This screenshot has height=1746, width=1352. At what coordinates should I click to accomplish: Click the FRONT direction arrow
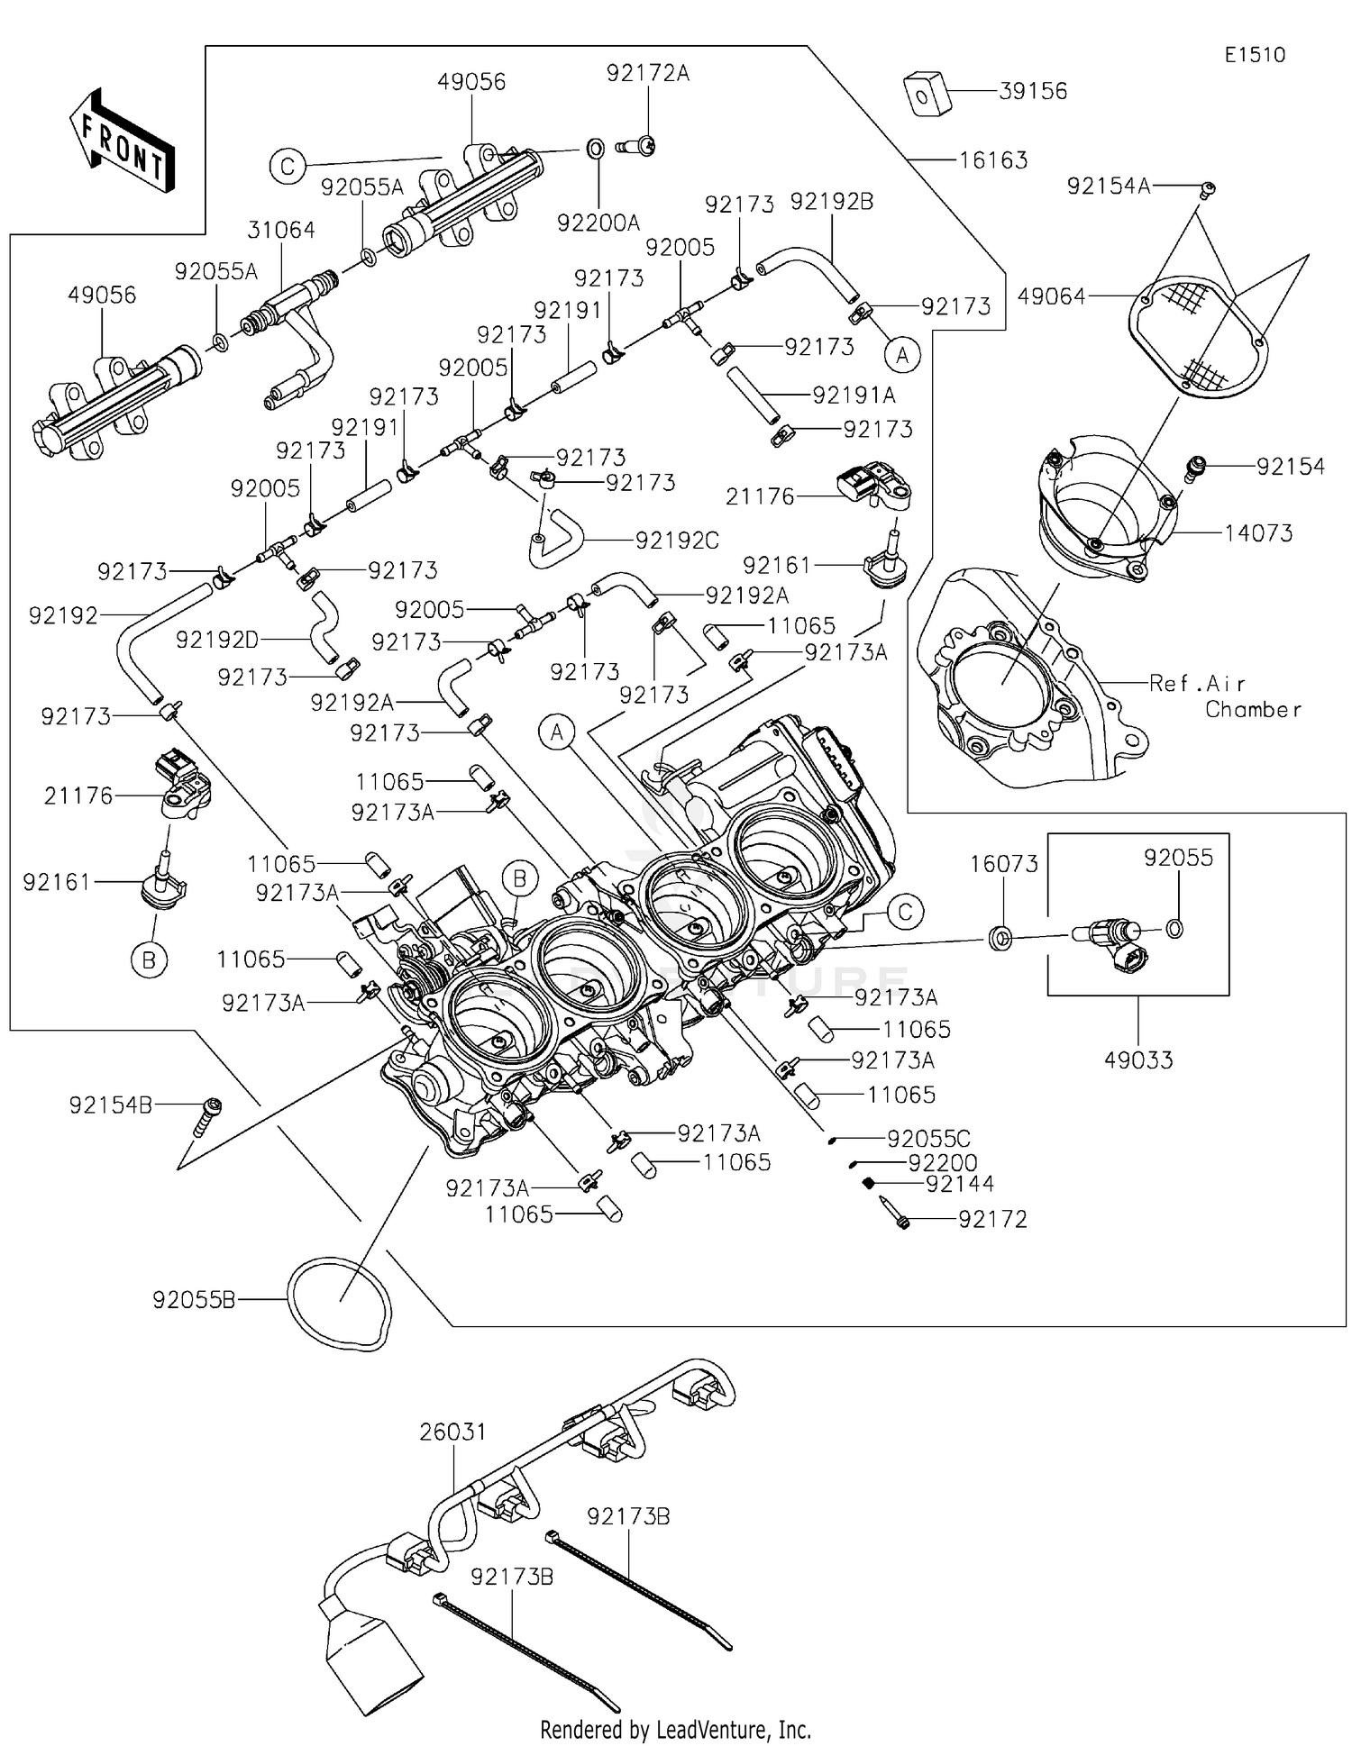click(x=122, y=140)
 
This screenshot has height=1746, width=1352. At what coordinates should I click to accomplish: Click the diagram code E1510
click(x=1255, y=55)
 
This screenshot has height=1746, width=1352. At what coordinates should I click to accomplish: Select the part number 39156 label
click(x=1033, y=91)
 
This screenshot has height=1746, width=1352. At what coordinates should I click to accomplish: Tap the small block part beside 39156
click(x=928, y=94)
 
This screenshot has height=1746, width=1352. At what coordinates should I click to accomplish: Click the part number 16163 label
click(x=993, y=160)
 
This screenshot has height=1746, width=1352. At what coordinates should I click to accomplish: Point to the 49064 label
click(x=1052, y=296)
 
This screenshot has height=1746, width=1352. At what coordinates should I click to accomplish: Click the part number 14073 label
click(x=1258, y=533)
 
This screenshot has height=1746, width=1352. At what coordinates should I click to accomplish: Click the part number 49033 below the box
click(x=1138, y=1060)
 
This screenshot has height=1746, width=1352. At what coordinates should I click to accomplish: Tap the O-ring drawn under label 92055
click(x=1174, y=929)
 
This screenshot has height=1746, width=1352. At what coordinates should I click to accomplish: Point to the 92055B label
click(x=194, y=1300)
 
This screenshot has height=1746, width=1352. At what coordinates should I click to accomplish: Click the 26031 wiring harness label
click(x=452, y=1432)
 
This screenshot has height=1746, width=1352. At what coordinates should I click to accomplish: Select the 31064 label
click(x=281, y=231)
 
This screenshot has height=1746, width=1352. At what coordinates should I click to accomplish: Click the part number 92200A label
click(x=598, y=223)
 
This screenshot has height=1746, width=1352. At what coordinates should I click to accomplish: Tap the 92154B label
click(x=111, y=1105)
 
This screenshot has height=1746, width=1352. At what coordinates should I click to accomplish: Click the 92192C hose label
click(x=677, y=541)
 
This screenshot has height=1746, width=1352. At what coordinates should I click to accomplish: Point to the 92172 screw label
click(x=992, y=1220)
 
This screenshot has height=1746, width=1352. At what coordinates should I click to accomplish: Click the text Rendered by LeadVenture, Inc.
click(x=675, y=1730)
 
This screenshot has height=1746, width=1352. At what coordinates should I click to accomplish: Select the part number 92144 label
click(x=960, y=1184)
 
